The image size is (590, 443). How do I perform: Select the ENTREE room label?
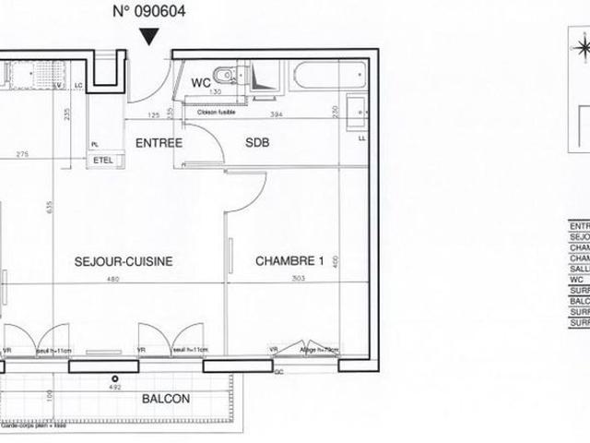click(x=159, y=143)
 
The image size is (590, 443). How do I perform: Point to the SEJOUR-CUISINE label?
click(x=124, y=261)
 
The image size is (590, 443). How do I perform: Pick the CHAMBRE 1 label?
click(x=289, y=261)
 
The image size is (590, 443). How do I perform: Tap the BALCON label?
click(x=167, y=399)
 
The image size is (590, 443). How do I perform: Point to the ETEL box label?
click(x=102, y=160)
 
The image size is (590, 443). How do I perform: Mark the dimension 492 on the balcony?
click(x=116, y=389)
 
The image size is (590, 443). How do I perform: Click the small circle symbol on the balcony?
click(x=115, y=378)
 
